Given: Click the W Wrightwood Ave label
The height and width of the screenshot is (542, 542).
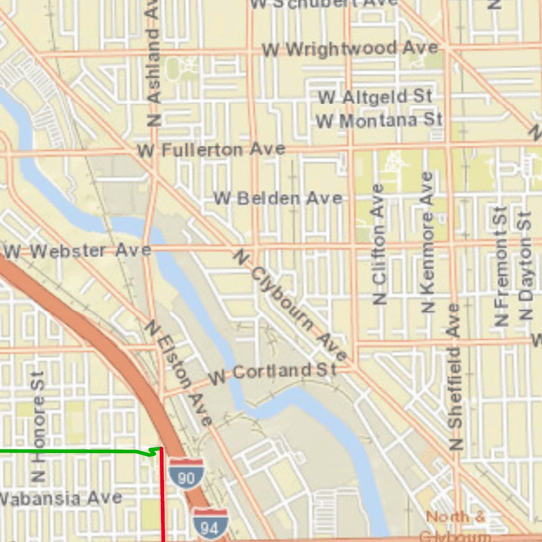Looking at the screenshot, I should click(x=350, y=49).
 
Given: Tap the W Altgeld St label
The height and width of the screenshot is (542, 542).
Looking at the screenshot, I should click(x=375, y=97).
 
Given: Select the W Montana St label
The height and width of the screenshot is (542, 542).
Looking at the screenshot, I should click(x=379, y=121).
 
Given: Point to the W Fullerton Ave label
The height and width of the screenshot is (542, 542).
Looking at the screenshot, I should click(x=211, y=150).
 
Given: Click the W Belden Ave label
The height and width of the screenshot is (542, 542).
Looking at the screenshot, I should click(x=278, y=198).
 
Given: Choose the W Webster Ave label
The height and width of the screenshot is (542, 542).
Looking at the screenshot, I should click(x=77, y=250).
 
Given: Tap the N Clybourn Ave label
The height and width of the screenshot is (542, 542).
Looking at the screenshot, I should click(x=290, y=305).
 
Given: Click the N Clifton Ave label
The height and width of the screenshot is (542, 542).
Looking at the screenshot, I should click(x=379, y=244).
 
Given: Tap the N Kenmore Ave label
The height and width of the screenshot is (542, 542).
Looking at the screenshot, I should click(x=428, y=241).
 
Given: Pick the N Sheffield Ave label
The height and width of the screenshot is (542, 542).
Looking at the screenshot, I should click(x=455, y=376).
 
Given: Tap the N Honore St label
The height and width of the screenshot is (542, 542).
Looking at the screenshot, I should click(x=38, y=427).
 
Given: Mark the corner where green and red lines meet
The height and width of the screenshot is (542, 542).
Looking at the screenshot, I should click(x=161, y=449).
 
